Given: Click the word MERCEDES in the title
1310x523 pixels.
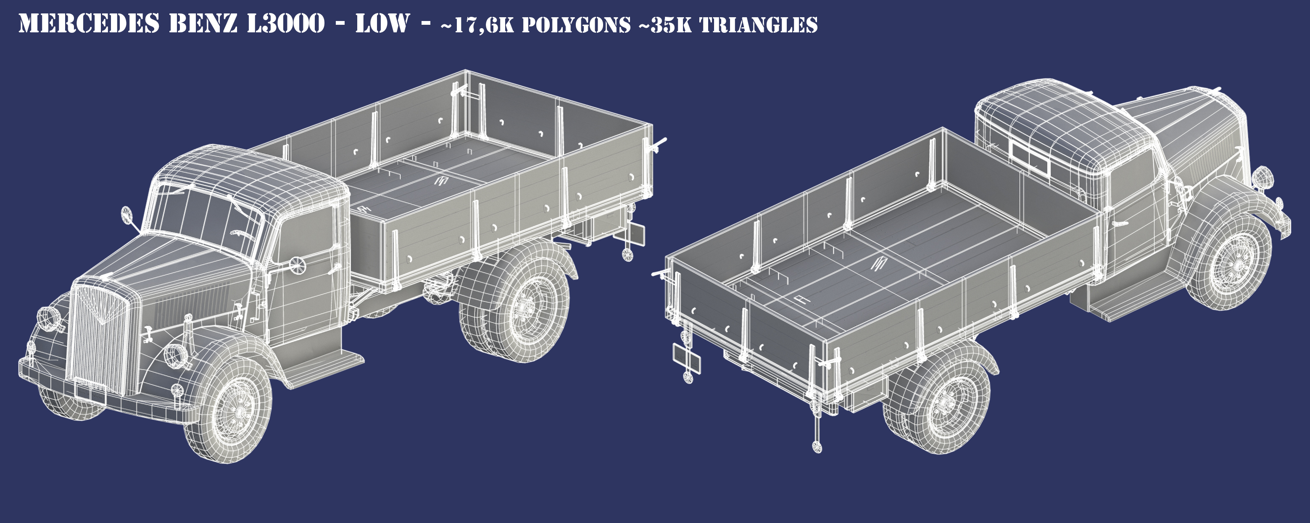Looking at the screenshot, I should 89,24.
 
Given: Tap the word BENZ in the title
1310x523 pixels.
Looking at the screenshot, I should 203,24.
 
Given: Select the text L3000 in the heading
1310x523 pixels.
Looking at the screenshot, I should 285,24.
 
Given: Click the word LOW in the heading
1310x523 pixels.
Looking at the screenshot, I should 382,24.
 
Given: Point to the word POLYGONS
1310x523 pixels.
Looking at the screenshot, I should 576,25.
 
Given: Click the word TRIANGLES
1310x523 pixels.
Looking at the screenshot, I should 759,25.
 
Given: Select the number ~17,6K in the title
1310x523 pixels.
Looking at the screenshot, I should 477,25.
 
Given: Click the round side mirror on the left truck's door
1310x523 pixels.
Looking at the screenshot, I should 296,264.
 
